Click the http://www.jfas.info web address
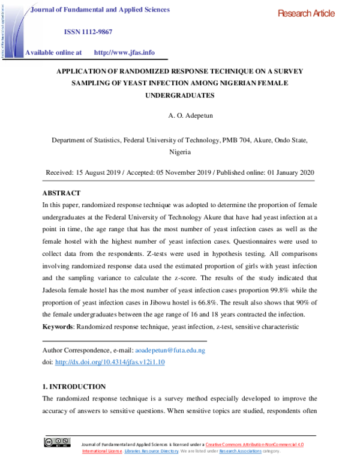[124, 52]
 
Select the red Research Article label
[306, 14]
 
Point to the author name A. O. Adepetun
[180, 113]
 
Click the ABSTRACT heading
[61, 193]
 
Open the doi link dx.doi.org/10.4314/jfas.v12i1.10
[110, 362]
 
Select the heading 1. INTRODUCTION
[74, 386]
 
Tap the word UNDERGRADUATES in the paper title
[180, 95]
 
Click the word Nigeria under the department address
[180, 153]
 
